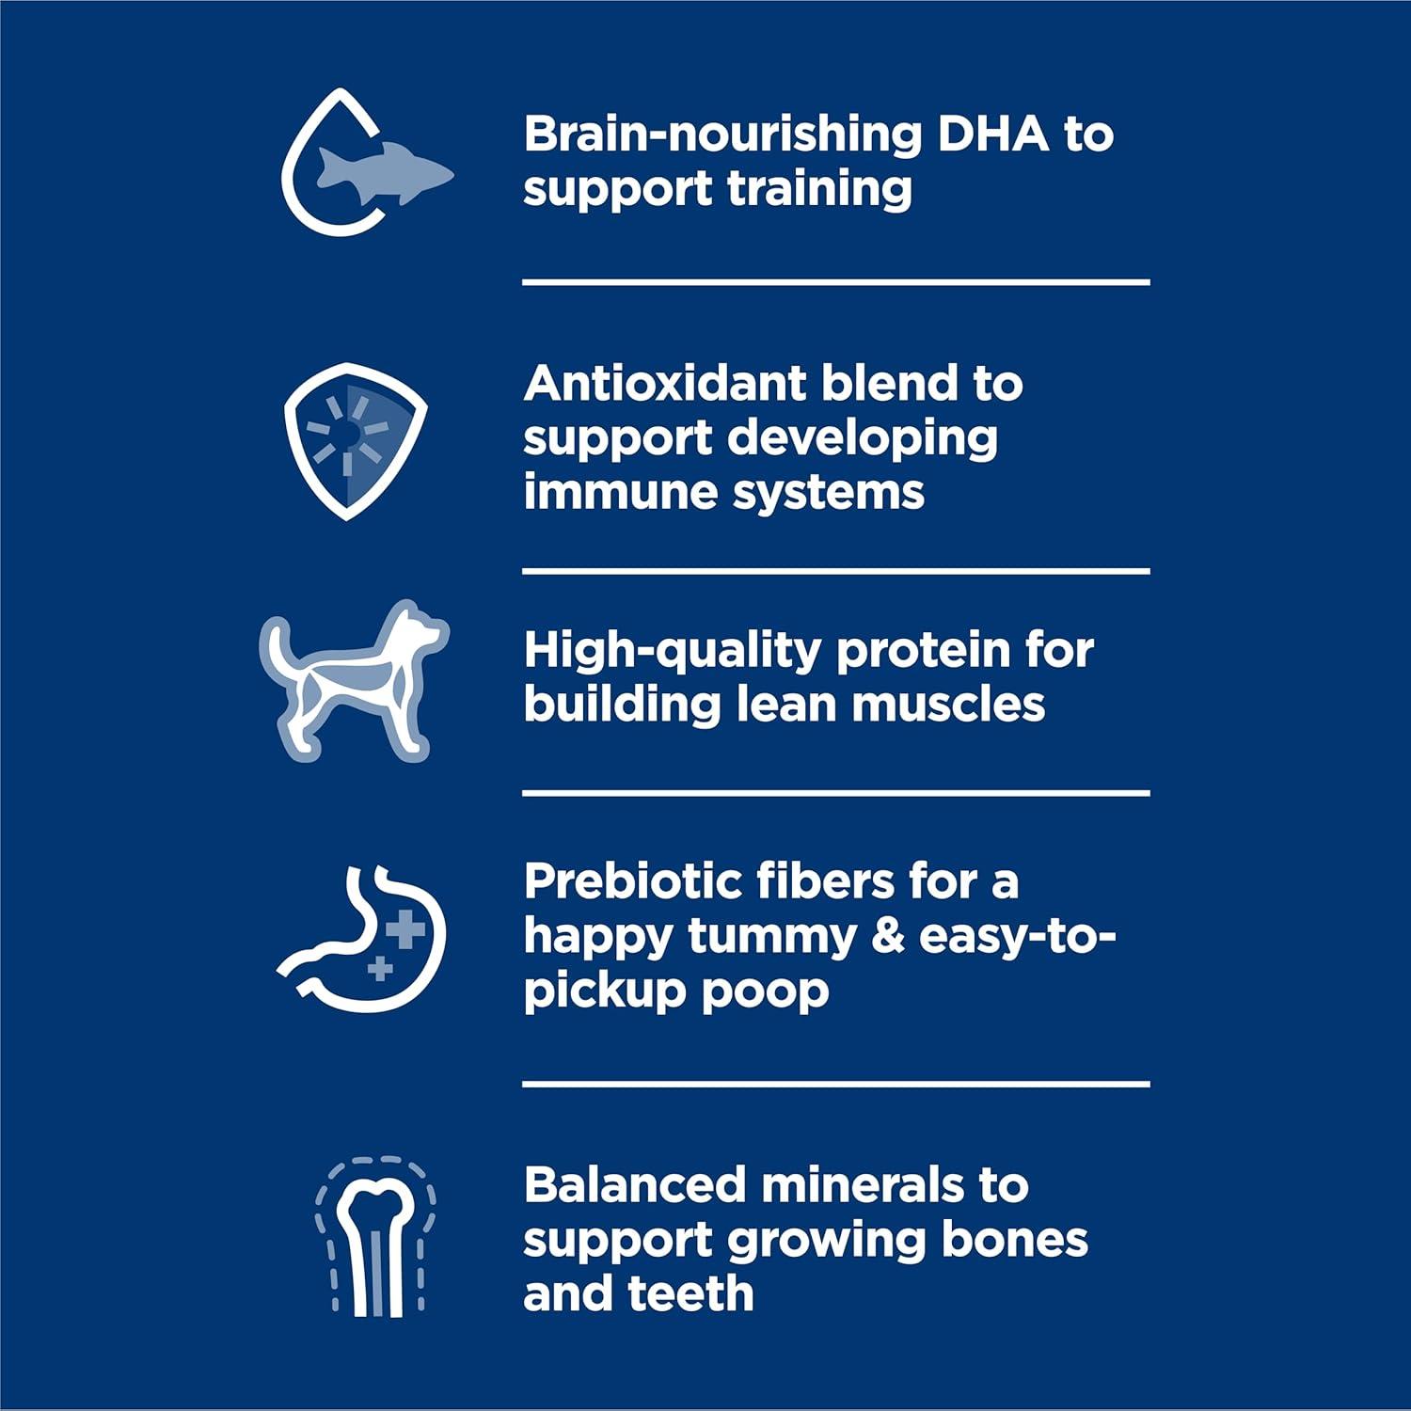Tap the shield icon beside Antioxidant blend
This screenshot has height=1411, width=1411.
tap(356, 440)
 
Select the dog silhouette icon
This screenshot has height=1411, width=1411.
tap(355, 679)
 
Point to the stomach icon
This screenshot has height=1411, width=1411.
tap(362, 938)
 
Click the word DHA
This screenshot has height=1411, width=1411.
tap(993, 135)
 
